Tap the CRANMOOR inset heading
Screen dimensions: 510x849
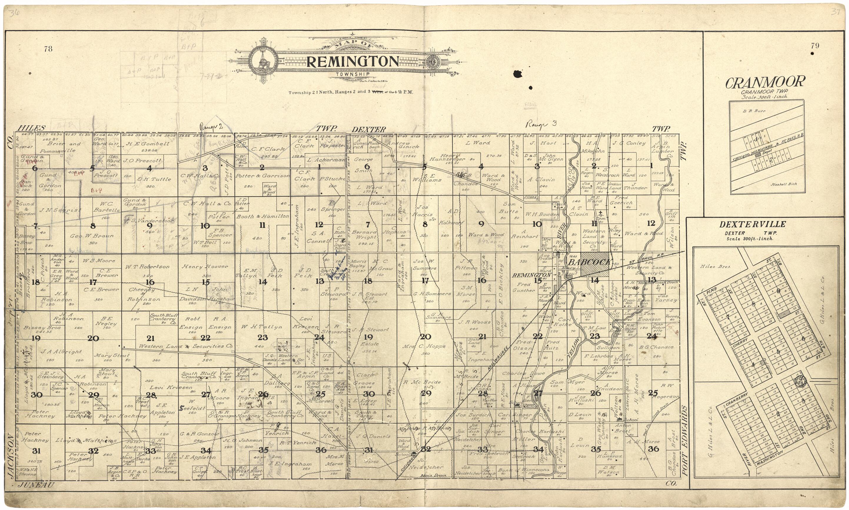pos(765,82)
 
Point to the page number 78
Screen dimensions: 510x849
pos(48,49)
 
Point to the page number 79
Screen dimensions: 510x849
pos(815,45)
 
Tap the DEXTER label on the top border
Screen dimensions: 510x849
pos(368,130)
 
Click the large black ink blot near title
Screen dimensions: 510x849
pos(517,74)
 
